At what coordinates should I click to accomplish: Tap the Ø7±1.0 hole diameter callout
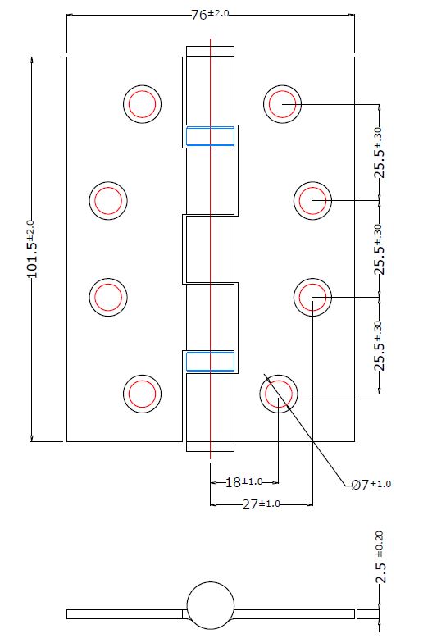pyautogui.click(x=371, y=485)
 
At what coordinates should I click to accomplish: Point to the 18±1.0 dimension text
pyautogui.click(x=243, y=481)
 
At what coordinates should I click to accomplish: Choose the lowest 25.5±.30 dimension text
pyautogui.click(x=380, y=346)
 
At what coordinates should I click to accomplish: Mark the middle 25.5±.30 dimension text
pyautogui.click(x=380, y=249)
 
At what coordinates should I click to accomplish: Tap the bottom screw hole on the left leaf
pyautogui.click(x=142, y=394)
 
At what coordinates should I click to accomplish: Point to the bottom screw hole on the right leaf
pyautogui.click(x=279, y=394)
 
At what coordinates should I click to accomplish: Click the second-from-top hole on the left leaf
pyautogui.click(x=107, y=199)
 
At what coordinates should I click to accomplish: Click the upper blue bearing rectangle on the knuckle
pyautogui.click(x=210, y=135)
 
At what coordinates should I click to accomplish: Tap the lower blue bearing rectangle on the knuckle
pyautogui.click(x=210, y=362)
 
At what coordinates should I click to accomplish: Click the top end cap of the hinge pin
pyautogui.click(x=211, y=51)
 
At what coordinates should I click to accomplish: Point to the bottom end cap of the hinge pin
pyautogui.click(x=211, y=447)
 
